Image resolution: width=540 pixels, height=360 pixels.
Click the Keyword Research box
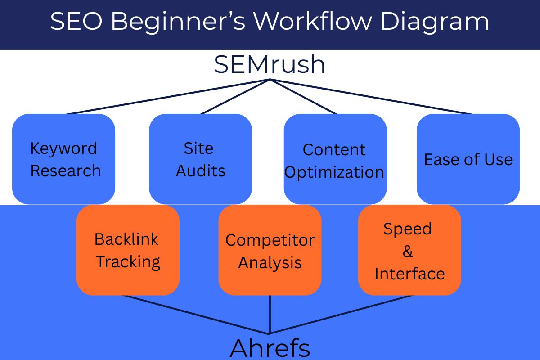pyautogui.click(x=63, y=159)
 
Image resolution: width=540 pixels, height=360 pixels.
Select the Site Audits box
pyautogui.click(x=200, y=159)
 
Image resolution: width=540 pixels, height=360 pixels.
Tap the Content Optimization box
pyautogui.click(x=335, y=159)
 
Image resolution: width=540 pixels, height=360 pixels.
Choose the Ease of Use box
pyautogui.click(x=468, y=159)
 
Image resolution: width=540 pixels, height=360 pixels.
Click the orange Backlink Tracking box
pyautogui.click(x=128, y=250)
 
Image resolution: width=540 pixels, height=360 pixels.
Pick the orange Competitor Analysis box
pyautogui.click(x=270, y=250)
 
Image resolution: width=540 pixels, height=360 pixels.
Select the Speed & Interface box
pyautogui.click(x=409, y=250)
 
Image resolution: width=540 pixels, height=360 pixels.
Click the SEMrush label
pyautogui.click(x=270, y=64)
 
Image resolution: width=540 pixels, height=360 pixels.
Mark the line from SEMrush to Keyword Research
pyautogui.click(x=169, y=96)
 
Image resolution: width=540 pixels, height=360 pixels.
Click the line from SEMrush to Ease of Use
pyautogui.click(x=371, y=96)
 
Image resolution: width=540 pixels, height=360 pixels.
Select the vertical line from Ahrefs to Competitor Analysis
pyautogui.click(x=270, y=315)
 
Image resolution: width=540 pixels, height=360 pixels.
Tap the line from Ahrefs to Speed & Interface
pyautogui.click(x=342, y=315)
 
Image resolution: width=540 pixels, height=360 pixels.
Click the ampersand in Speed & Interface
pyautogui.click(x=408, y=252)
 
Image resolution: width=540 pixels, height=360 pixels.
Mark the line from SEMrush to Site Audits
pyautogui.click(x=235, y=96)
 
